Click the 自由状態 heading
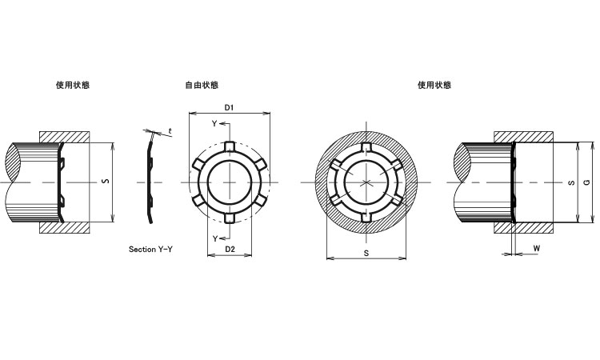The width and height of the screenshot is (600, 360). tap(201, 85)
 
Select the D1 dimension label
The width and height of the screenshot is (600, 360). tap(229, 106)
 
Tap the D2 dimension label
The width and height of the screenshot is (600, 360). tap(229, 250)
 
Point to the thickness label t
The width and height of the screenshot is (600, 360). tap(170, 130)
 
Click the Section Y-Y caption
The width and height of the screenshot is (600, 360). tap(151, 250)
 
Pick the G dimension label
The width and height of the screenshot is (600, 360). tap(588, 183)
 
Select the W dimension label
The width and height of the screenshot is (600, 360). tap(536, 249)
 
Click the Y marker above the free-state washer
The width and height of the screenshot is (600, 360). tap(214, 124)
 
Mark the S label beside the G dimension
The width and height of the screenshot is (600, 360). tap(570, 183)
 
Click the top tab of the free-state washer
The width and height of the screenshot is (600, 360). tap(229, 146)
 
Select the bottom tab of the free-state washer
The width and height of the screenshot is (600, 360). tap(229, 218)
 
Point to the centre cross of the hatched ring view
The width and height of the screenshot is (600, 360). tap(366, 183)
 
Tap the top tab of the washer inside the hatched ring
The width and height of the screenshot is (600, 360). tap(366, 148)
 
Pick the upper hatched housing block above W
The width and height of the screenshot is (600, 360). tap(523, 137)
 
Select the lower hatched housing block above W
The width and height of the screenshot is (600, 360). tap(523, 227)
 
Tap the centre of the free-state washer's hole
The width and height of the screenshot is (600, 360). tap(229, 182)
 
